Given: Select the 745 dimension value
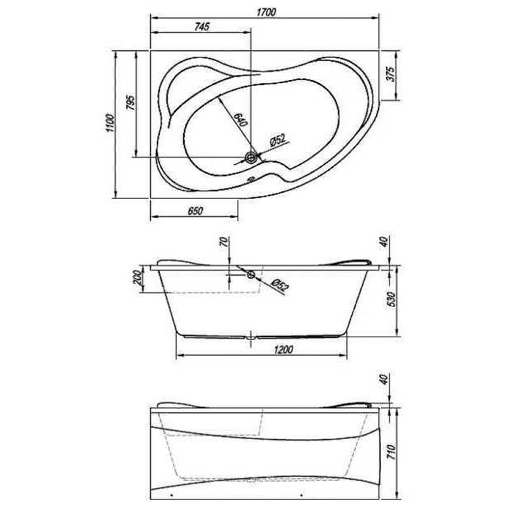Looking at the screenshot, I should click(201, 27).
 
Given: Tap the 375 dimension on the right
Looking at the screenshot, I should click(391, 74).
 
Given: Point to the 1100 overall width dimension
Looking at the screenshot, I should click(109, 124).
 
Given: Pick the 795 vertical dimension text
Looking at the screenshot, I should click(130, 103).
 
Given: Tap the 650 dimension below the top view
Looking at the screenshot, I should click(195, 211).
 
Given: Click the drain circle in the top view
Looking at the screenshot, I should click(251, 157).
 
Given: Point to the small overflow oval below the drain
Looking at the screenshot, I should click(251, 178).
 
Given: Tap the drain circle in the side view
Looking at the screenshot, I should click(251, 274).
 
